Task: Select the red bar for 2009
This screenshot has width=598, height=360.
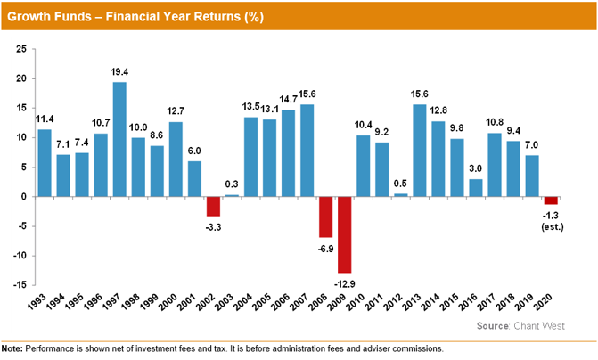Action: [344, 234]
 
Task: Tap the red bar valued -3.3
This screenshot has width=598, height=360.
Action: [213, 206]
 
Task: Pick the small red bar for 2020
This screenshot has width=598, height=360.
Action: [551, 200]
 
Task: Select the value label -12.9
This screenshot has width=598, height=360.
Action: [344, 282]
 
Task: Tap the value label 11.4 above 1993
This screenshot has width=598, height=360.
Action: [45, 121]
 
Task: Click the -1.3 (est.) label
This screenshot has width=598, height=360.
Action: [551, 220]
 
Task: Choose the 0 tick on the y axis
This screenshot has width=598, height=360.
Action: [22, 197]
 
